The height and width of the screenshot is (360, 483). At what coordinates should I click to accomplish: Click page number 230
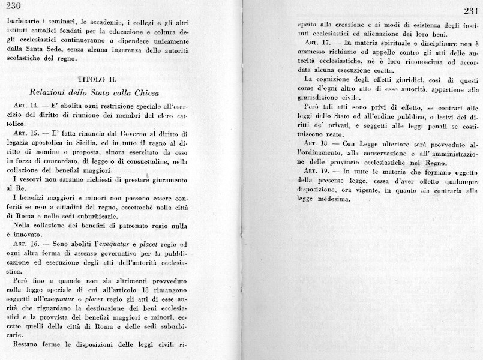[x=12, y=7]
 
